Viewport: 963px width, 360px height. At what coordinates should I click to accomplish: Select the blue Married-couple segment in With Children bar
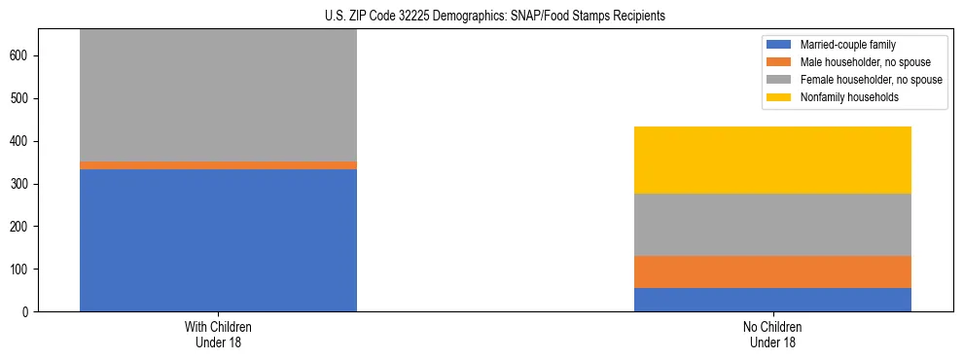218,239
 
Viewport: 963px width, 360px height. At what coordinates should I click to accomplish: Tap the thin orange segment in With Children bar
218,165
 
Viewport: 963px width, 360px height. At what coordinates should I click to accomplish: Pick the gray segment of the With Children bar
218,95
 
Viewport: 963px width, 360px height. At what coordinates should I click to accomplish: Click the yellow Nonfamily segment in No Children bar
772,160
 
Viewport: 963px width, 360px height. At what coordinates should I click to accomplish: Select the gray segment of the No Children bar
772,225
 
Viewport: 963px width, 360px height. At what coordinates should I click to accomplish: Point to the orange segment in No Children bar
772,271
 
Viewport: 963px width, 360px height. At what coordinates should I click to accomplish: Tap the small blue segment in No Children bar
772,300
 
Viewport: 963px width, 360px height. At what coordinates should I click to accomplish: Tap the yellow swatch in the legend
779,97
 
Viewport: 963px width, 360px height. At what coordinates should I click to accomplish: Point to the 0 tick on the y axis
30,312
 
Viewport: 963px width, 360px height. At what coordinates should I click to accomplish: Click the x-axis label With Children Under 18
218,335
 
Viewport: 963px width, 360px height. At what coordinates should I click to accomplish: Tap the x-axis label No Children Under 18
772,335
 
